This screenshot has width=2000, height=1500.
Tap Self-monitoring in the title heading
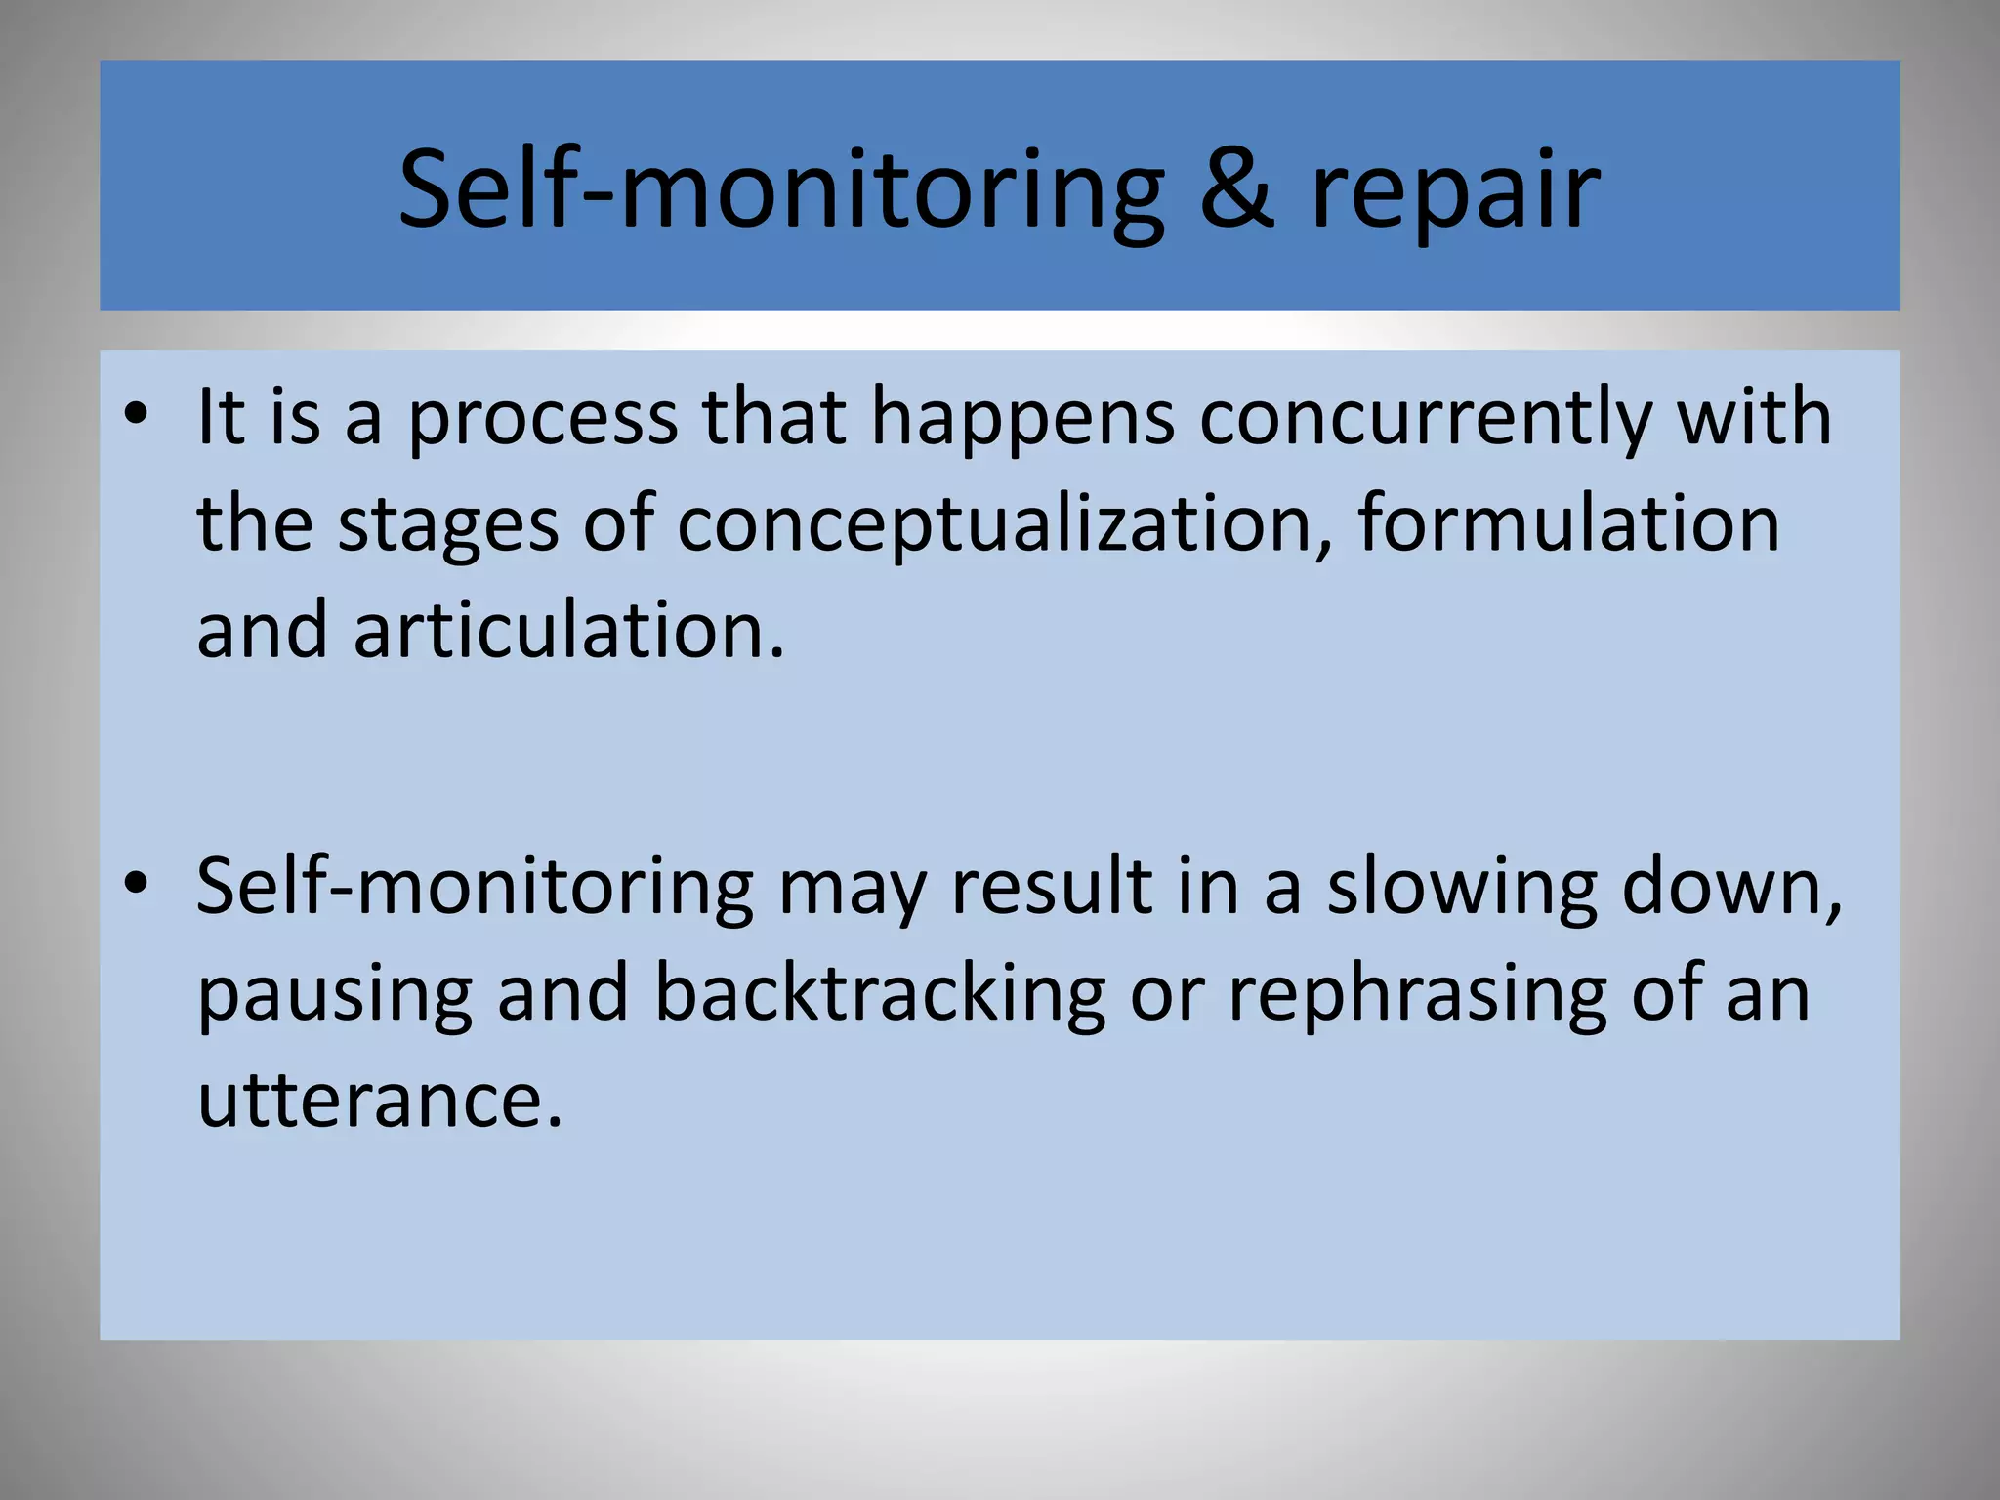[781, 190]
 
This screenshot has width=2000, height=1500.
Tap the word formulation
[1568, 523]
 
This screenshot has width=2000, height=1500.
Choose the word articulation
[568, 631]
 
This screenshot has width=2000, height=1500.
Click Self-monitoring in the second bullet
[475, 889]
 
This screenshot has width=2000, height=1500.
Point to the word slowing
[1462, 889]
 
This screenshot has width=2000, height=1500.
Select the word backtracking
[879, 994]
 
